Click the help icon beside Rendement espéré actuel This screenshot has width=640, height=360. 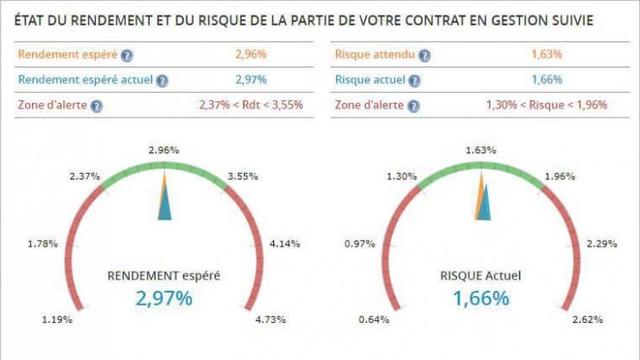[162, 80]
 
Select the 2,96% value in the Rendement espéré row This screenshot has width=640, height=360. [252, 55]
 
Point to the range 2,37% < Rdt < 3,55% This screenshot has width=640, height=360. [252, 105]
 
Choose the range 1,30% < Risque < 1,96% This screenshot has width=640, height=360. [547, 105]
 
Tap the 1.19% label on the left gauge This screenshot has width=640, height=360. [57, 320]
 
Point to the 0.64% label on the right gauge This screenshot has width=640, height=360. [374, 320]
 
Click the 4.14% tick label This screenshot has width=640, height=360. [285, 244]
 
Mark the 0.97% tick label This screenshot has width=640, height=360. [360, 244]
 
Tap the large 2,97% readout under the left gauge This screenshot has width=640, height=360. [163, 299]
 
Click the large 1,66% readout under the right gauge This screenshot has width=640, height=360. [481, 299]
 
